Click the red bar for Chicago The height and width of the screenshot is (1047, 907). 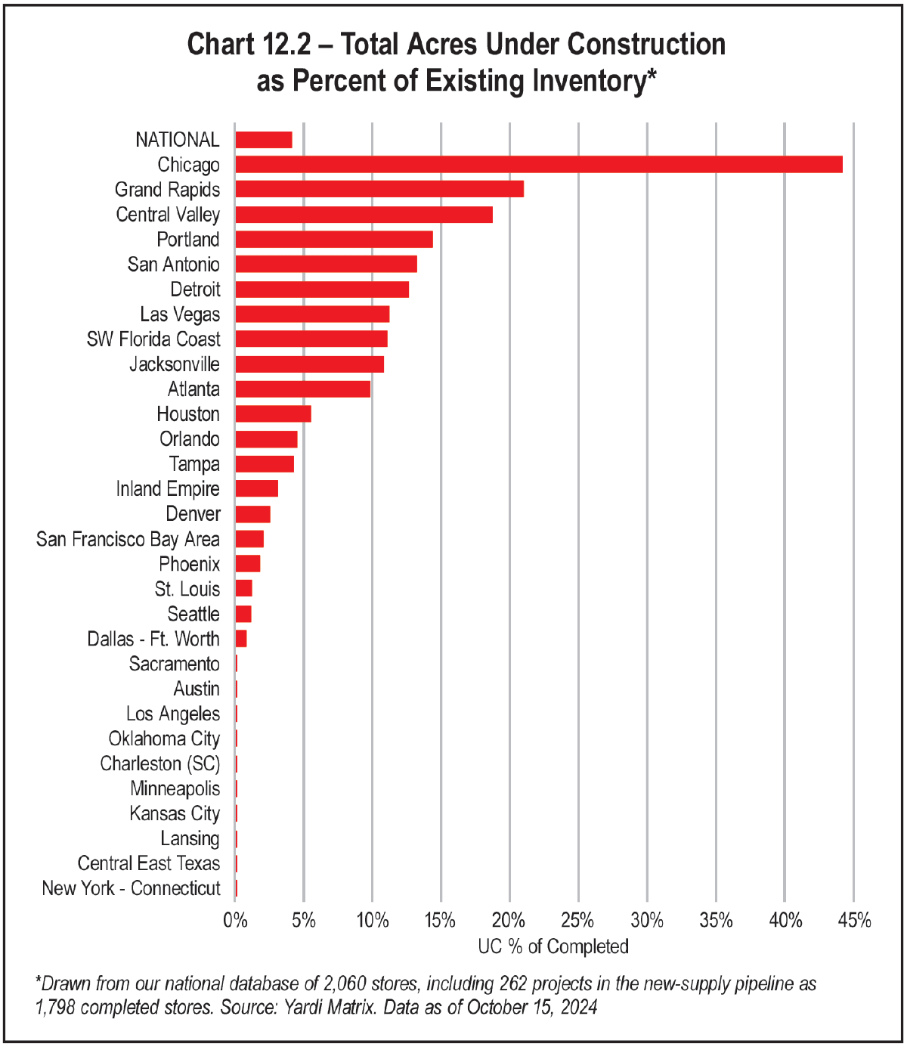[538, 165]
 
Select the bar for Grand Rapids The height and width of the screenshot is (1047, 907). [379, 190]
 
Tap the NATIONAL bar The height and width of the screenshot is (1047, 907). [264, 140]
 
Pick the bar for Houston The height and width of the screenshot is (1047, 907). [273, 414]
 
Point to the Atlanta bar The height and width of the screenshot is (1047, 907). [302, 389]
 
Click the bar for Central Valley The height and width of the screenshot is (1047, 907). [364, 215]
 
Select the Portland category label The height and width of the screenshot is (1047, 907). [188, 240]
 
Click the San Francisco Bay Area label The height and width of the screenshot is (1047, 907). [128, 539]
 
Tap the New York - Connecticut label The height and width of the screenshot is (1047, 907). [131, 888]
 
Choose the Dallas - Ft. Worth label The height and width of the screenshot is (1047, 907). [153, 639]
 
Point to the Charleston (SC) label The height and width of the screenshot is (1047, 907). [160, 764]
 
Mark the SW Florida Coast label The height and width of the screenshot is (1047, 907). [153, 339]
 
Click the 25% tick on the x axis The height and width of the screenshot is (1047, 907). [578, 921]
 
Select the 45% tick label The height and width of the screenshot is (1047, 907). [853, 921]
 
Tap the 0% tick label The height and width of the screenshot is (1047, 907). [235, 921]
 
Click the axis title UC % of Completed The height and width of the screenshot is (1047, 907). [553, 946]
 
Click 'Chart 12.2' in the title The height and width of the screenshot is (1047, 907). [249, 45]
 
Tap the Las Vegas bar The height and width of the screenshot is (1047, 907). [312, 314]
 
